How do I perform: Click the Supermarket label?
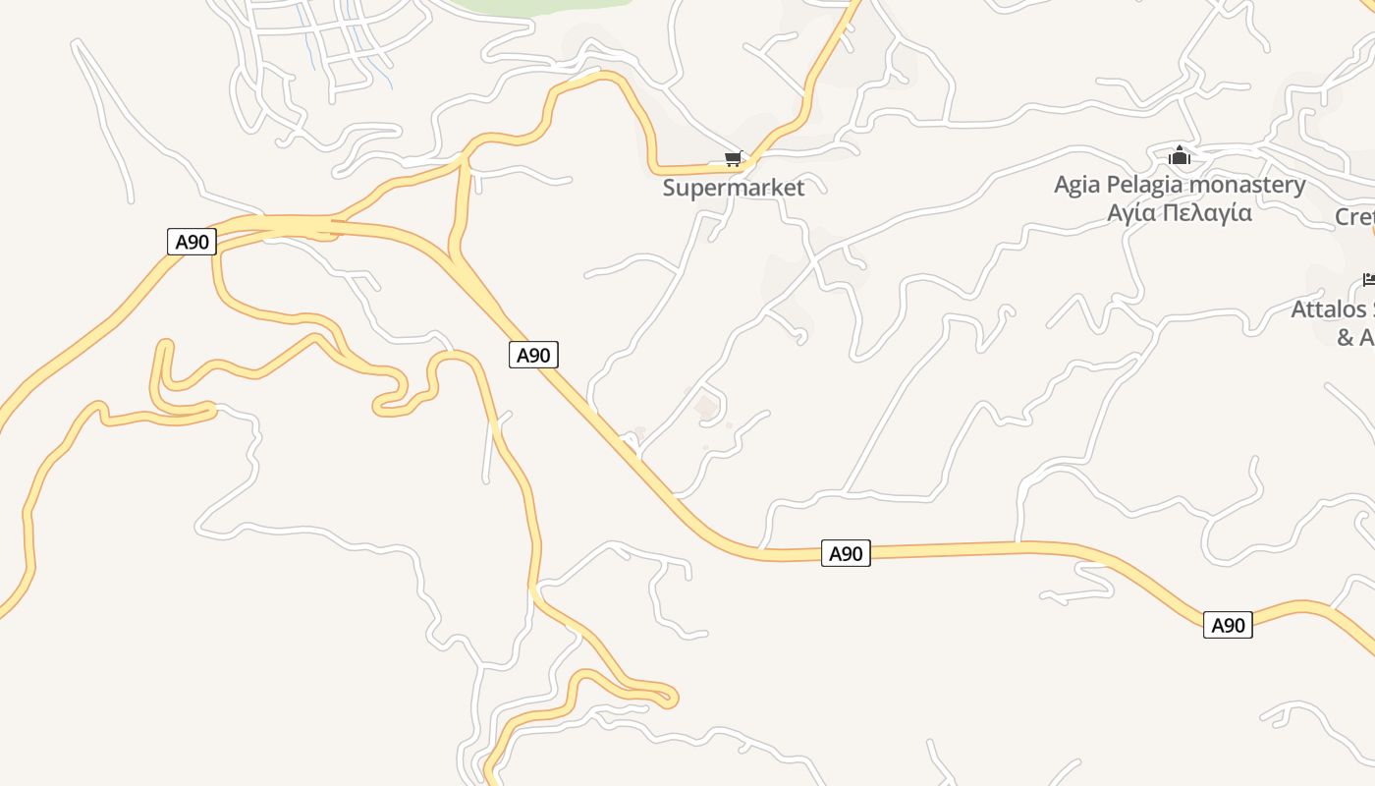point(733,188)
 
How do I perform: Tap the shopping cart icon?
point(733,159)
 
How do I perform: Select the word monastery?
point(1247,185)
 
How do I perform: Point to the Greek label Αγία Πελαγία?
point(1179,212)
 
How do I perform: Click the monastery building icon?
point(1180,155)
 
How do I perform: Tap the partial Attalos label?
point(1332,309)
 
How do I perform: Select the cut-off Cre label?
point(1355,217)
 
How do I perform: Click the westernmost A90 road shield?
point(192,242)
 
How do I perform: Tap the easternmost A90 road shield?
point(1228,625)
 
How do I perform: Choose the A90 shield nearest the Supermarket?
point(533,355)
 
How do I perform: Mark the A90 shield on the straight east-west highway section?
point(845,554)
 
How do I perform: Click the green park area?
point(550,5)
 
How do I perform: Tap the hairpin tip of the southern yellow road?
point(671,699)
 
